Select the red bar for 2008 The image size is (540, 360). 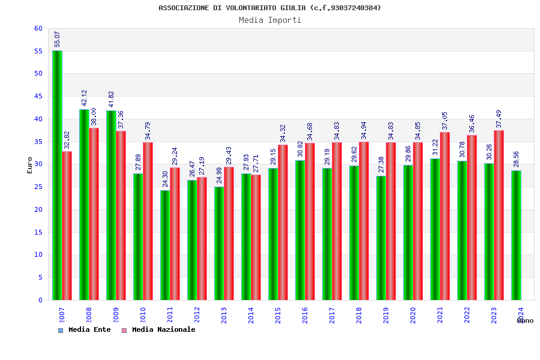(94, 214)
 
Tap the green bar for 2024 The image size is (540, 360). (516, 235)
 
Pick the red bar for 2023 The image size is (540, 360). (499, 215)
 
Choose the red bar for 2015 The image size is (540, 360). (283, 222)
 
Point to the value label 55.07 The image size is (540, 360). (58, 39)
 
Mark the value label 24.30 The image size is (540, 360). (166, 179)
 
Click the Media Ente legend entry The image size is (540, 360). (85, 330)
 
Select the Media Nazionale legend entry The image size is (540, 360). (158, 330)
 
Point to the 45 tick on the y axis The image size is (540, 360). (38, 96)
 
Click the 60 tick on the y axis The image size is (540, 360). (38, 28)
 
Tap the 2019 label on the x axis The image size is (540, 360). (386, 316)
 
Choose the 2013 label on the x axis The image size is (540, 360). (224, 316)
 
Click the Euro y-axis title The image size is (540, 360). (30, 165)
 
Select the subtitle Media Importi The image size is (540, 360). (270, 20)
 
